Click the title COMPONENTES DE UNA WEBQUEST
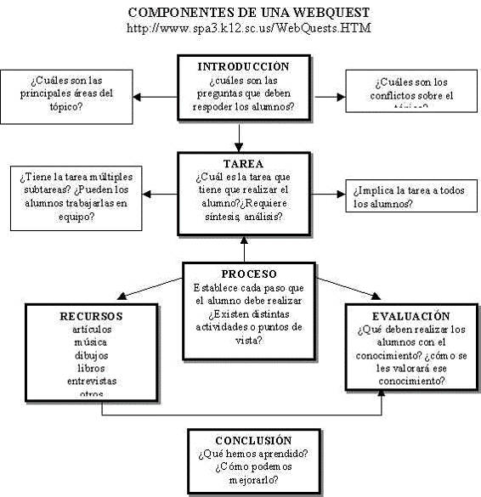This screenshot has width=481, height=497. click(248, 13)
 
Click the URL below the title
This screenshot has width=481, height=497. click(248, 28)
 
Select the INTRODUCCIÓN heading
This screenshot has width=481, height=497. click(243, 66)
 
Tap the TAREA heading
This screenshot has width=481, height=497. click(244, 163)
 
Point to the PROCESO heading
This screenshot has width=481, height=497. click(248, 274)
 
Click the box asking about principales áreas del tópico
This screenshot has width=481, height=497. click(66, 93)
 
